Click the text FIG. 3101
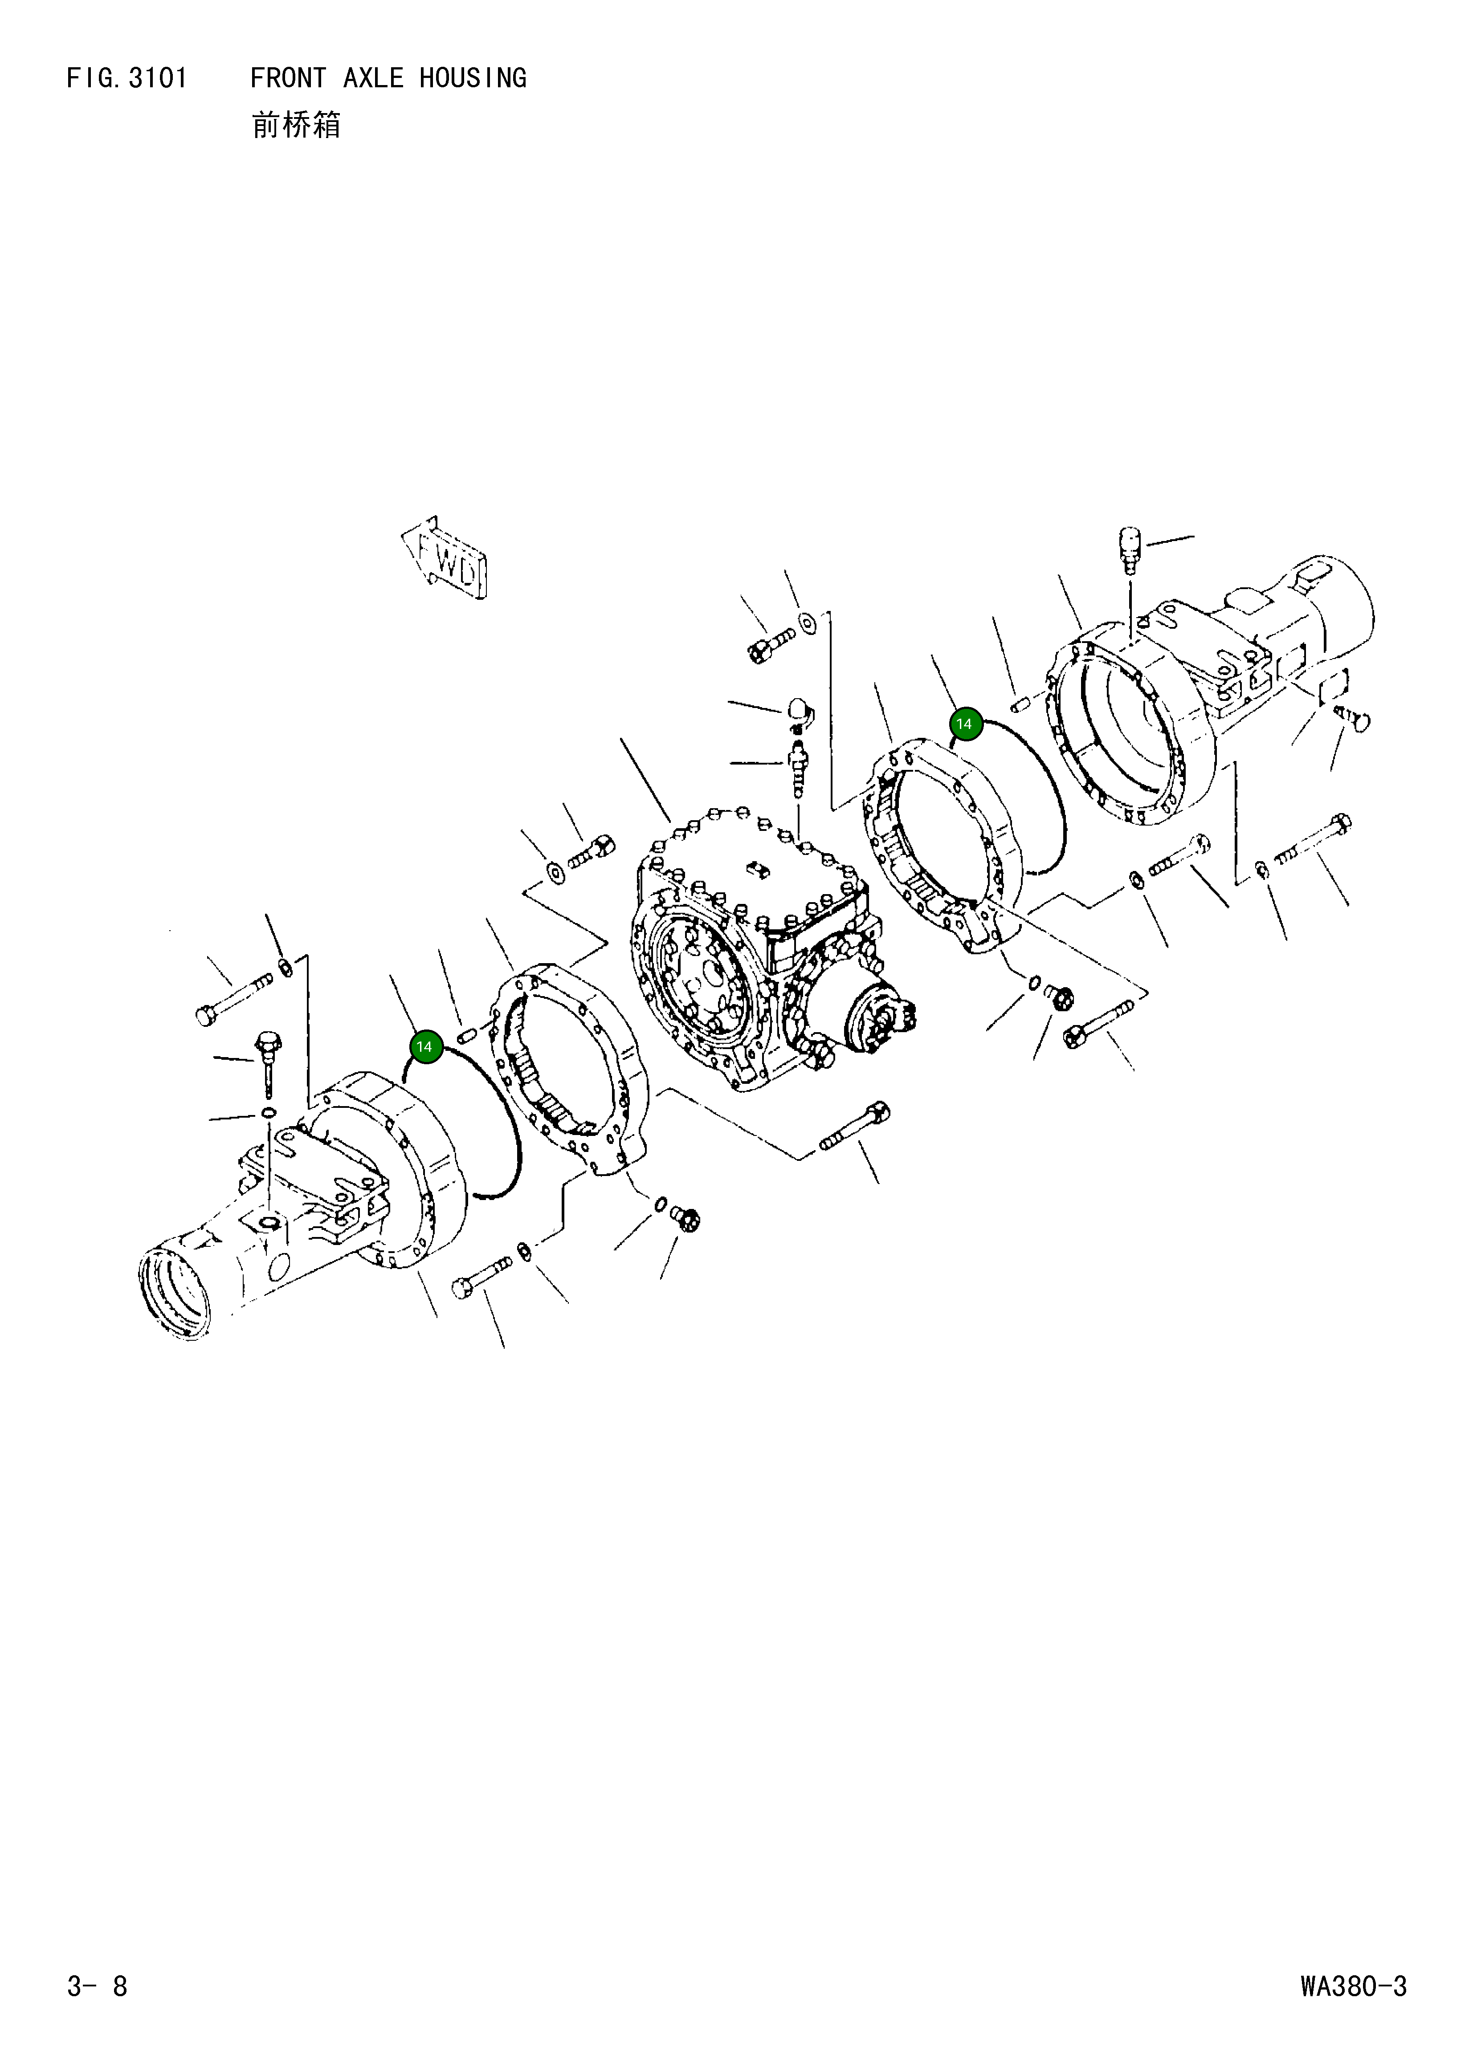(x=127, y=79)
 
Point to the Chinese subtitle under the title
(x=296, y=125)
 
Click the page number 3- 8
(x=97, y=1986)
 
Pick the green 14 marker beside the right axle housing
(x=964, y=724)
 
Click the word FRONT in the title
(x=288, y=79)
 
